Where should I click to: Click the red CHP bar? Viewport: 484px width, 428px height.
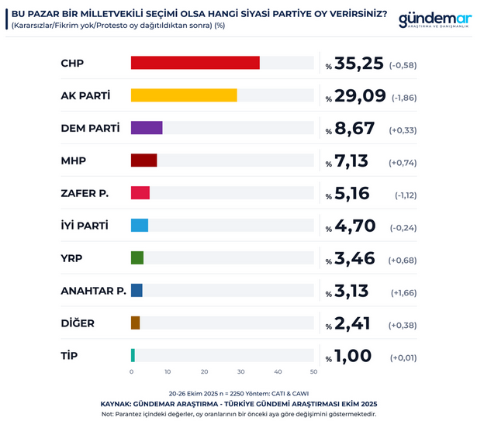195,63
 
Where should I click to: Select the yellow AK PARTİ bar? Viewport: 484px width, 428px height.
184,95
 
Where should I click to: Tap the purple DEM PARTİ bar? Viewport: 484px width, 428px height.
147,128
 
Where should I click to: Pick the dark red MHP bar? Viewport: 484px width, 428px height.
143,160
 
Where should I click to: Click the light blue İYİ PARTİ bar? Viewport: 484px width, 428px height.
140,226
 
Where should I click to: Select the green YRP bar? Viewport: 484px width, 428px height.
137,257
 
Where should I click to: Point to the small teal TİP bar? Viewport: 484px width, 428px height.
133,355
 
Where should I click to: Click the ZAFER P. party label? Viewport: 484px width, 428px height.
85,193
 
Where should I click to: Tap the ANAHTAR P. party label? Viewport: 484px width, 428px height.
93,291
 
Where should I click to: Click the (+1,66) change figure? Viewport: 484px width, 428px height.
403,292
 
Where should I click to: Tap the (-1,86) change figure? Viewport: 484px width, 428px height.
403,98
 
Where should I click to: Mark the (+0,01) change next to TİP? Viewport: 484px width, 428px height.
403,357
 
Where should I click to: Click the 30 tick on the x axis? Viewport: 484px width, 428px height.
241,373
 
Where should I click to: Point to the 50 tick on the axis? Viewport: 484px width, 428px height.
313,373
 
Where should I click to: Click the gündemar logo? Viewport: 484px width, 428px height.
434,21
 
